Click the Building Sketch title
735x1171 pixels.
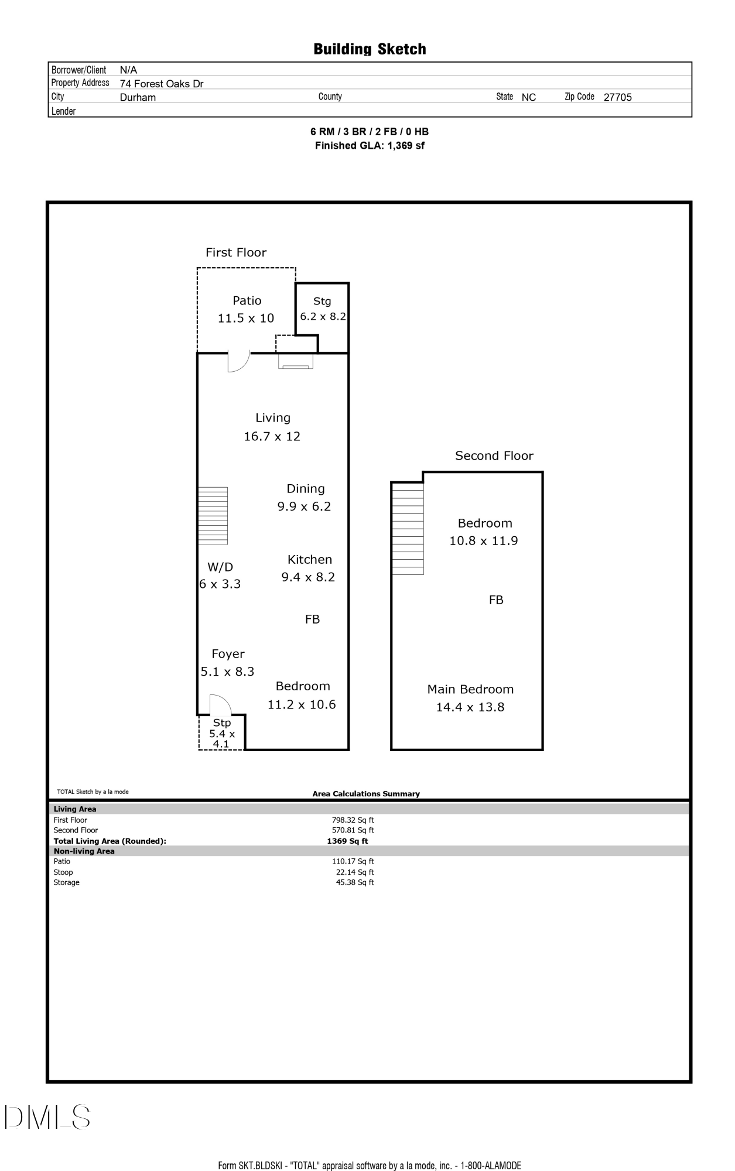click(x=370, y=49)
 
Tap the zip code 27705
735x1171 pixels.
click(x=617, y=98)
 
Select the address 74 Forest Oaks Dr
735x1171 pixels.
click(x=162, y=84)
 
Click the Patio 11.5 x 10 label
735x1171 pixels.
click(x=246, y=309)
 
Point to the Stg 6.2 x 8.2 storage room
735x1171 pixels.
click(x=323, y=309)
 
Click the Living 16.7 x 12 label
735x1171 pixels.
click(x=272, y=427)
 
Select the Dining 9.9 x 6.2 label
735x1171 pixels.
click(x=305, y=497)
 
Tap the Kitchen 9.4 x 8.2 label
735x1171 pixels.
click(x=309, y=568)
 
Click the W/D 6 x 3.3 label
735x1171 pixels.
click(x=220, y=575)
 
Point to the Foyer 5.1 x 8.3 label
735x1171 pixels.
click(x=227, y=663)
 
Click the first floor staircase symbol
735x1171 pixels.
click(x=213, y=516)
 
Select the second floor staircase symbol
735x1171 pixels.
click(x=407, y=528)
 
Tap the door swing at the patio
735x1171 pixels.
click(x=237, y=361)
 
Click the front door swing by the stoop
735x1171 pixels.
click(x=220, y=704)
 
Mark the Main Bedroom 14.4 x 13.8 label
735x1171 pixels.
click(x=470, y=698)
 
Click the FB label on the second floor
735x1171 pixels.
click(x=496, y=600)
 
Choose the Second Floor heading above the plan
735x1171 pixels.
click(x=494, y=456)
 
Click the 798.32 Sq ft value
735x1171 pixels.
click(x=353, y=820)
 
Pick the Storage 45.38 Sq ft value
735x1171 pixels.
click(x=355, y=882)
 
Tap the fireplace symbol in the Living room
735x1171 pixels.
click(x=296, y=363)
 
